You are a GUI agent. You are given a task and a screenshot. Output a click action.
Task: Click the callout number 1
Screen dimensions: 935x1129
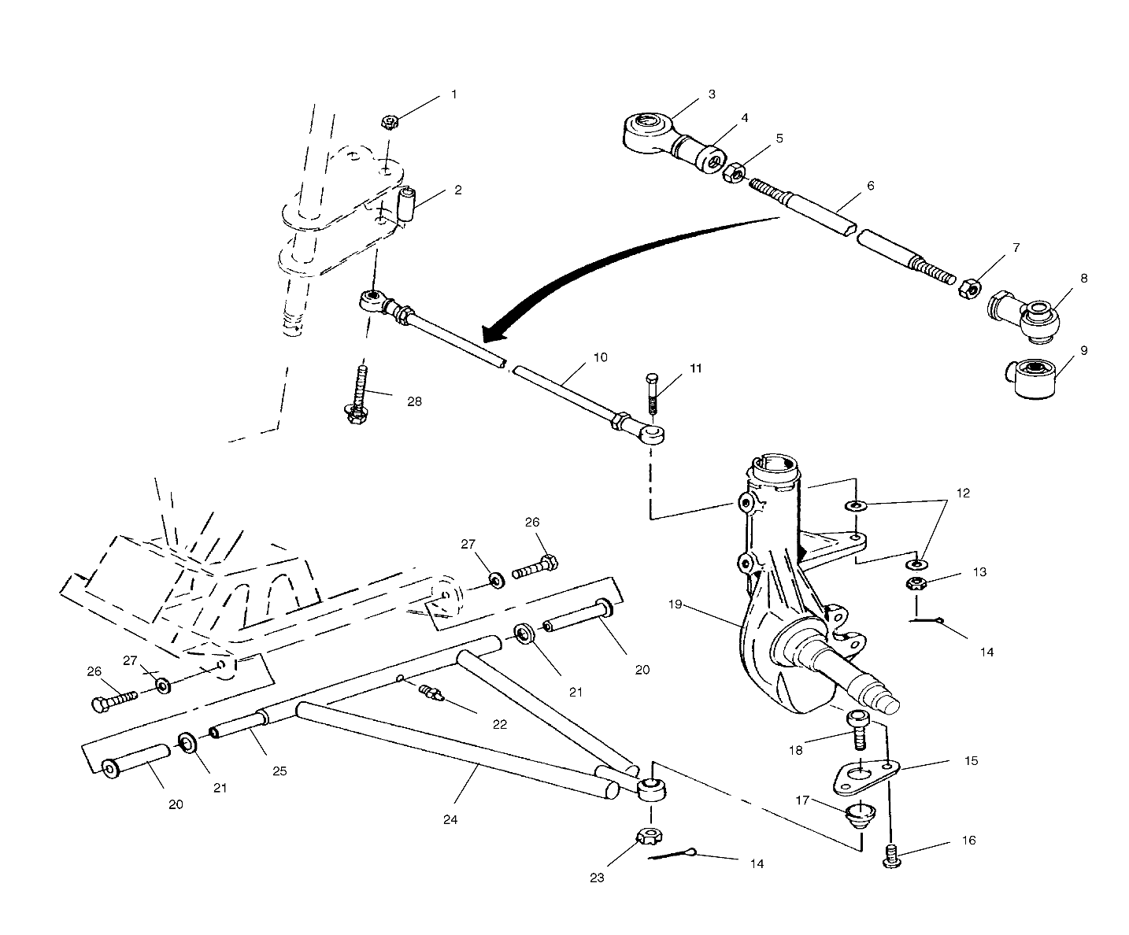point(453,94)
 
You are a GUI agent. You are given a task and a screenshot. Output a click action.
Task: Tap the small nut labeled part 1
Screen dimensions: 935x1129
point(388,122)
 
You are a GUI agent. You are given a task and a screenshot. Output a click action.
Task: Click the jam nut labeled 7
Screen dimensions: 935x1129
point(969,288)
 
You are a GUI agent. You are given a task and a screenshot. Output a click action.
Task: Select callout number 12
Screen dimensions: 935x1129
point(964,493)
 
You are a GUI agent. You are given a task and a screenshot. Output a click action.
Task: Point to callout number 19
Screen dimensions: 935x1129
point(676,606)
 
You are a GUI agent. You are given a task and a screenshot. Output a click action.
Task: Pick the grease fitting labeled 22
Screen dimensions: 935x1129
point(431,693)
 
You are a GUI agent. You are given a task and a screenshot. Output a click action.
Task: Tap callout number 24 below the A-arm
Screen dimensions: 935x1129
point(450,819)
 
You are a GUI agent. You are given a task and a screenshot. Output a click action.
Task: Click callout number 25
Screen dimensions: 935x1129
point(279,771)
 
